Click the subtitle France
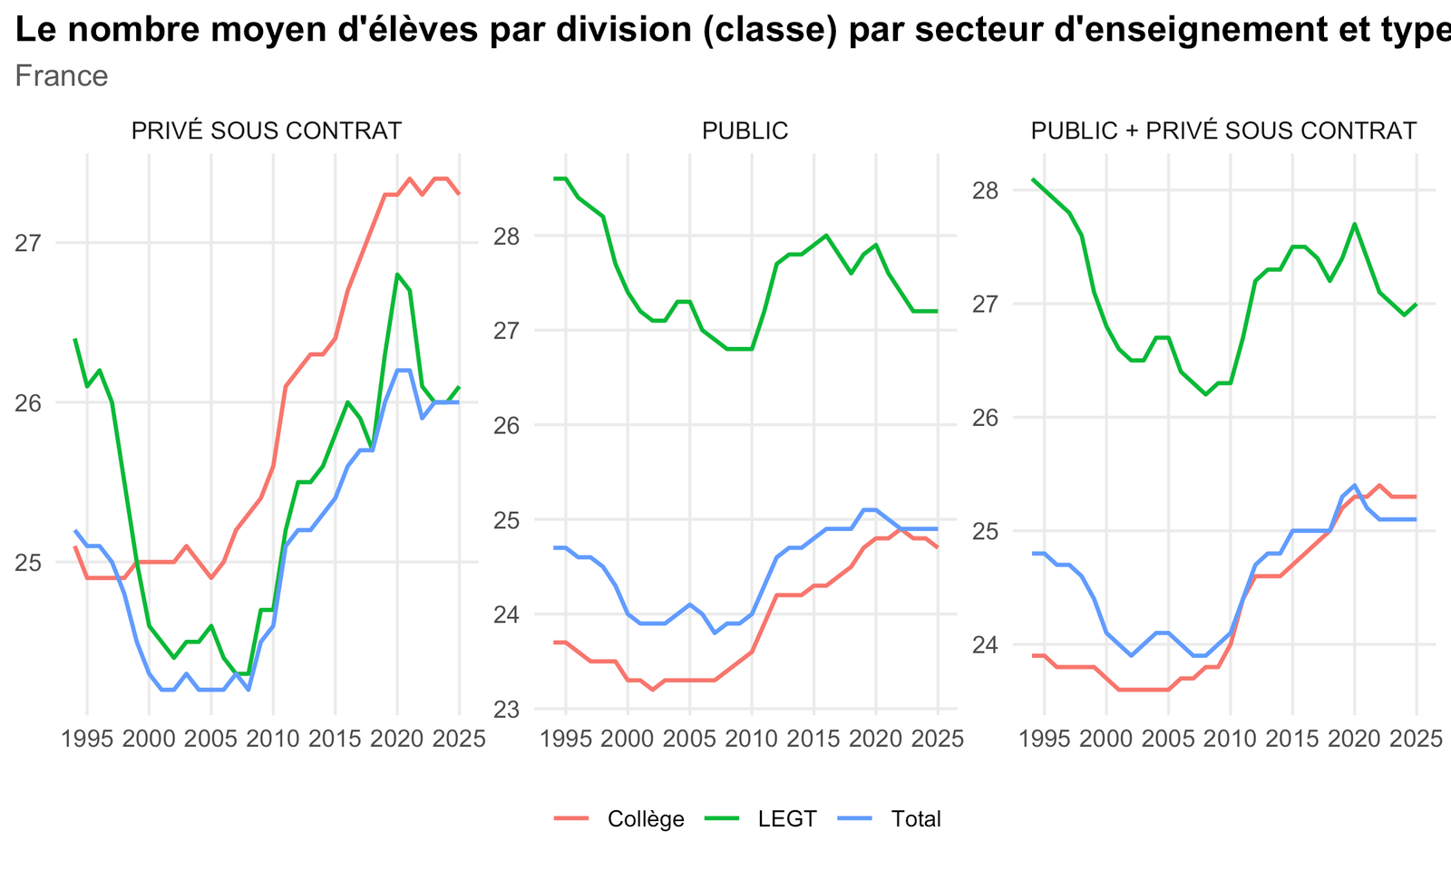pyautogui.click(x=62, y=76)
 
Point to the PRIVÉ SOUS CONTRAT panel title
pyautogui.click(x=267, y=130)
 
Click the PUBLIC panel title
pyautogui.click(x=745, y=130)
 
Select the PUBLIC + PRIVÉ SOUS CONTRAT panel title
pyautogui.click(x=1223, y=130)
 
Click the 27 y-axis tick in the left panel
pyautogui.click(x=28, y=244)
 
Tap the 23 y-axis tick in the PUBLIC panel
pyautogui.click(x=507, y=710)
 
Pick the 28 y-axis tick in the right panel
pyautogui.click(x=985, y=191)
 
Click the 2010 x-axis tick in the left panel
pyautogui.click(x=273, y=739)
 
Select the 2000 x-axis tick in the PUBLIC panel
pyautogui.click(x=628, y=739)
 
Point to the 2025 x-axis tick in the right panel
pyautogui.click(x=1417, y=739)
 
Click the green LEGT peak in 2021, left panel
pyautogui.click(x=397, y=275)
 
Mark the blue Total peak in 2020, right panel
pyautogui.click(x=1355, y=486)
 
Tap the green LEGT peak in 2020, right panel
pyautogui.click(x=1355, y=224)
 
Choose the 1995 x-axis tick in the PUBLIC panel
pyautogui.click(x=566, y=739)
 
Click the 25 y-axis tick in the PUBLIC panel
pyautogui.click(x=507, y=520)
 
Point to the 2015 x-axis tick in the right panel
pyautogui.click(x=1292, y=739)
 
